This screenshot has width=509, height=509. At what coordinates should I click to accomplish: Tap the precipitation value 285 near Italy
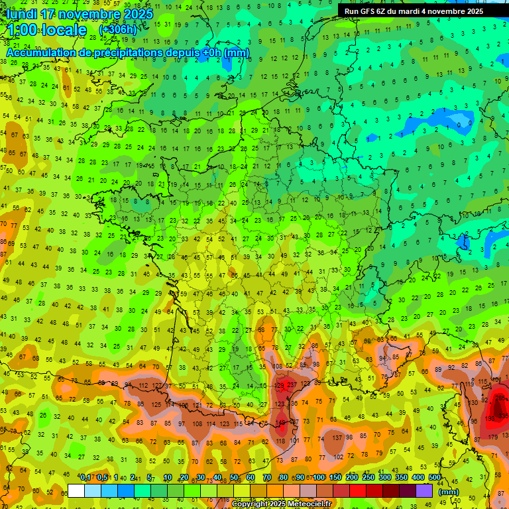tap(502, 398)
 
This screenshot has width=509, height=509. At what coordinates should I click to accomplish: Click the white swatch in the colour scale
tap(76, 490)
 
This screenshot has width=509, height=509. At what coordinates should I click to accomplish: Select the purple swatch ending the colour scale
tap(424, 490)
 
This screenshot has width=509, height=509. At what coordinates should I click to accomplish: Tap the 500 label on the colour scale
tap(435, 478)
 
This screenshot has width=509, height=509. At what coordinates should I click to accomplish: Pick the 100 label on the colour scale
tap(319, 478)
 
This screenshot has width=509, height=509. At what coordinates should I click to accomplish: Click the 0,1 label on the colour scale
tap(85, 478)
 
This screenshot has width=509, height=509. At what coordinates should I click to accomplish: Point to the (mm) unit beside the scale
tap(449, 492)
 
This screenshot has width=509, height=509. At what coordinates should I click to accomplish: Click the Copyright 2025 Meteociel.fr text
tap(281, 504)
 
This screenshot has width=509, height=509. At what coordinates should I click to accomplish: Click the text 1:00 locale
tap(47, 30)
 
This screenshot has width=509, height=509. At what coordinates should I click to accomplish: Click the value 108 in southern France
tap(278, 367)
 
